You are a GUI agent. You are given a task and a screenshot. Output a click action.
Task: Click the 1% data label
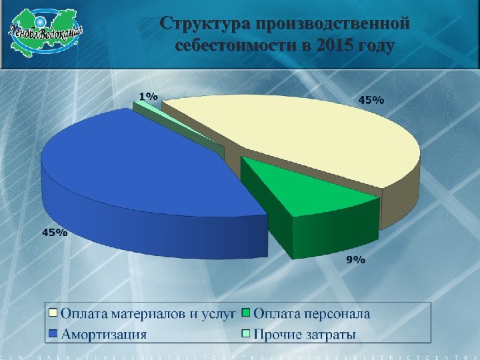tap(148, 96)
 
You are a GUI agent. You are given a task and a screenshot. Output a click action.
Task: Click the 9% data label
tap(355, 260)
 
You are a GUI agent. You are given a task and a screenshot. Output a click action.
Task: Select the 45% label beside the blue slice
tap(55, 233)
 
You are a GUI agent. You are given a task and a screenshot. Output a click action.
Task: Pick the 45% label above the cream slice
tap(371, 100)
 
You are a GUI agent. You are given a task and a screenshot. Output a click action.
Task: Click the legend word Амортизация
tap(103, 333)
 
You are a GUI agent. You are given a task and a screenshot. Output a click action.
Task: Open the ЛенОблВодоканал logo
tap(46, 31)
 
